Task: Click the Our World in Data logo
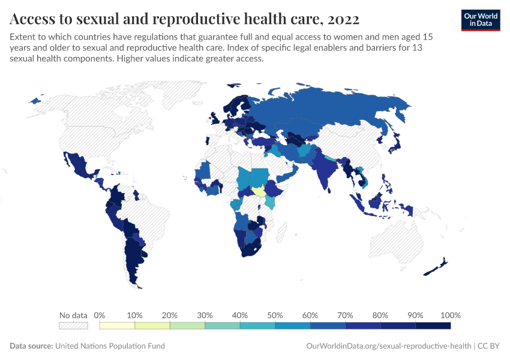(x=481, y=19)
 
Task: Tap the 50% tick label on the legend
(x=275, y=315)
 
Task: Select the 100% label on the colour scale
(x=450, y=315)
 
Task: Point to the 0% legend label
(x=100, y=315)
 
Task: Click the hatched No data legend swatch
(x=73, y=326)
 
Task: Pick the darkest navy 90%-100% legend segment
(x=433, y=326)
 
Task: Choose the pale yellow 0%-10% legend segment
(x=117, y=326)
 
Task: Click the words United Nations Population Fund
(x=110, y=346)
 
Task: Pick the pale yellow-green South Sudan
(x=259, y=192)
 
